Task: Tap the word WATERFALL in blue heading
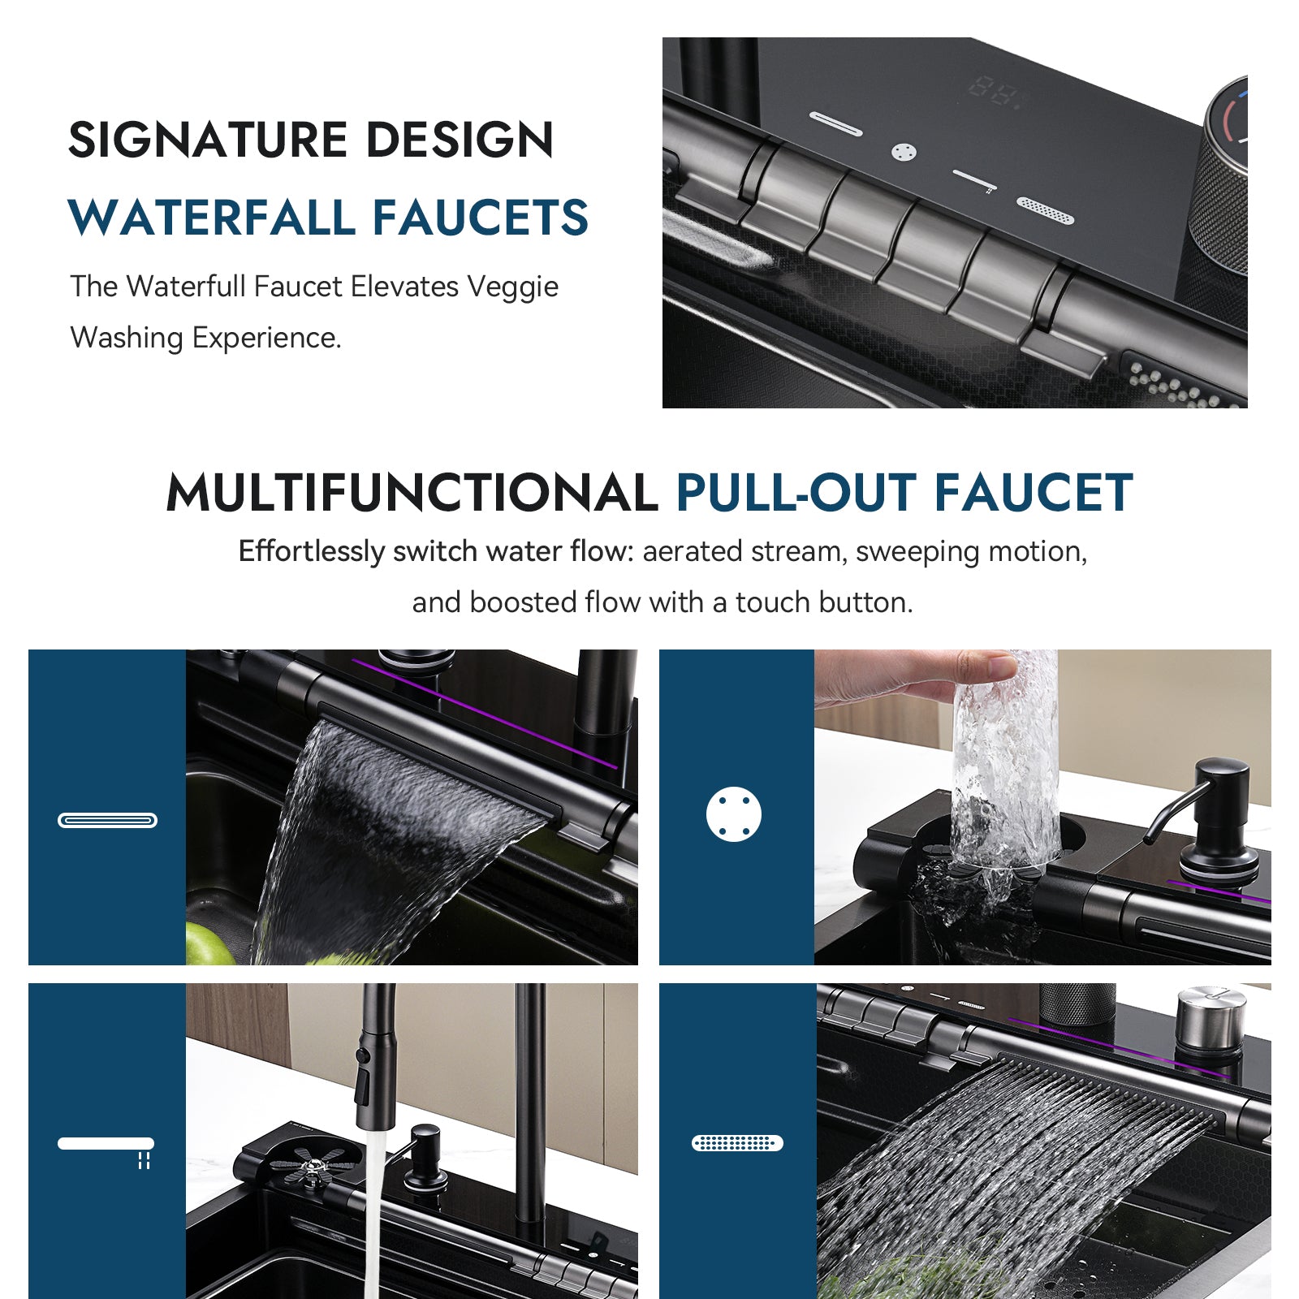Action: point(211,218)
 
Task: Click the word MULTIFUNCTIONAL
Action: point(412,493)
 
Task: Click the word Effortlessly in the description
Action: point(311,551)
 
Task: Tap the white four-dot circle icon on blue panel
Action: point(734,813)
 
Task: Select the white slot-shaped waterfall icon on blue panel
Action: point(107,820)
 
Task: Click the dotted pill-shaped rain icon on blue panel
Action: point(737,1143)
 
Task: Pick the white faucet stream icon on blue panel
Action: point(106,1145)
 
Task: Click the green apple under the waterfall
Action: point(207,946)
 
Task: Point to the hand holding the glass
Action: point(901,678)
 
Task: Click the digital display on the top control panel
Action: point(995,92)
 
